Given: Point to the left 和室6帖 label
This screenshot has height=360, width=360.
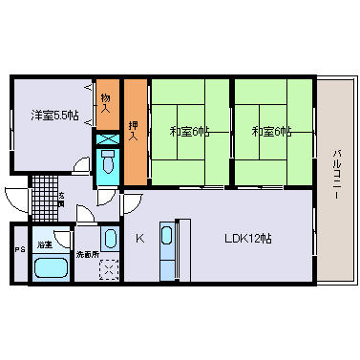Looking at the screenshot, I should point(190,131).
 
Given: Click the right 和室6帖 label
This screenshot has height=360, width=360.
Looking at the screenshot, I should point(272,131).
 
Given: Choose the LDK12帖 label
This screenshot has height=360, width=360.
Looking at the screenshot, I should point(248,238).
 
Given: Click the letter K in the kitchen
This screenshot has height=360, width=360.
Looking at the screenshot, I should point(138,238).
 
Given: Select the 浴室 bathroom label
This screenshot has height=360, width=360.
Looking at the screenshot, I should point(44,245).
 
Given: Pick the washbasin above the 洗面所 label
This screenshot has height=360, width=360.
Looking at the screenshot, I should point(110,239).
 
